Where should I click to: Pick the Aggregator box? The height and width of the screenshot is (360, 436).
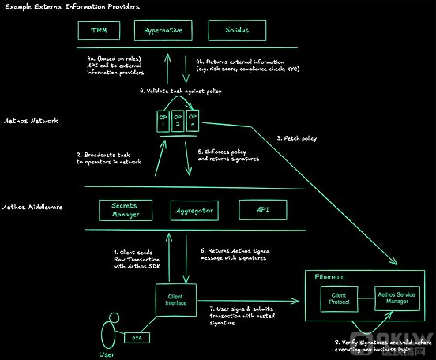click(x=194, y=210)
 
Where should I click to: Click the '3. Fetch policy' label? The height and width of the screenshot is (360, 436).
click(x=297, y=139)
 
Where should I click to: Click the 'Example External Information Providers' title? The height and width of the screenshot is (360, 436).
click(x=71, y=6)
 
